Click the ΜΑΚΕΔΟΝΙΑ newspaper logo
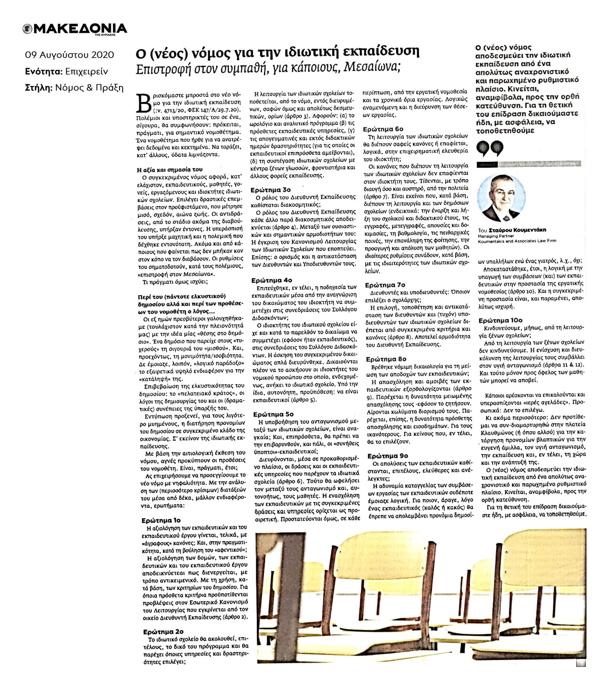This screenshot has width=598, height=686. (75, 29)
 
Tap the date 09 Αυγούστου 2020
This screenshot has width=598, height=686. (69, 55)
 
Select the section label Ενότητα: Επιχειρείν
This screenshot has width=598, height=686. (66, 71)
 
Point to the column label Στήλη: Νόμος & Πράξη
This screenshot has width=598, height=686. (74, 88)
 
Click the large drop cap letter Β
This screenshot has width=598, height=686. (145, 103)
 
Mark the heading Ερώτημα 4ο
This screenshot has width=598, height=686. (272, 280)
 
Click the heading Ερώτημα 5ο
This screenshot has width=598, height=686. (273, 414)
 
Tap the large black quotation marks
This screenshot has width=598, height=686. (490, 149)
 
